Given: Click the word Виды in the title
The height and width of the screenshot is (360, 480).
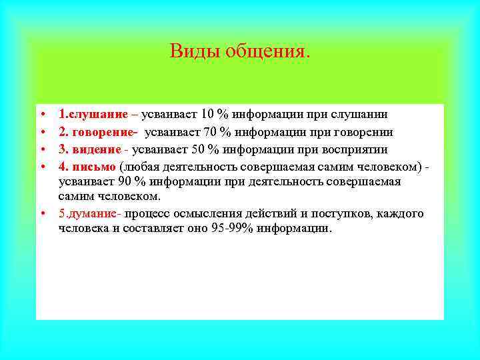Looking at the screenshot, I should pos(187,51).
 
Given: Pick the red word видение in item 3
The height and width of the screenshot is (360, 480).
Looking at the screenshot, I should pos(93,148).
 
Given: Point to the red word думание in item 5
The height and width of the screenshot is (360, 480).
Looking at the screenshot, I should pos(91,214).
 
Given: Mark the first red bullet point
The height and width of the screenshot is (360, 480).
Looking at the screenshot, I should pos(41,115).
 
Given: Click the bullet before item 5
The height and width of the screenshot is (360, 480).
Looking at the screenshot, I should pos(41,214).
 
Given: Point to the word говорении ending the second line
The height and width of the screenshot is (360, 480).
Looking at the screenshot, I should pos(361,132).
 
